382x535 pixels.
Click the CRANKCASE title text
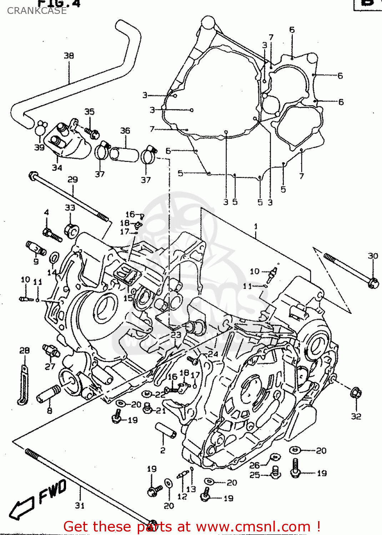(x=37, y=11)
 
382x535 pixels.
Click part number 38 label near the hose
(x=69, y=56)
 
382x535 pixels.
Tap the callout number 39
(x=39, y=147)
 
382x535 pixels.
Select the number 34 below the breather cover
(x=57, y=168)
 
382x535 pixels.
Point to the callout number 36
(x=125, y=131)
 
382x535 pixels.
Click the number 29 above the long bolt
(x=73, y=179)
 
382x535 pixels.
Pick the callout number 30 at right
(x=373, y=256)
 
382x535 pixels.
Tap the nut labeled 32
(x=356, y=393)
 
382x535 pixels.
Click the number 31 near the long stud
(x=80, y=505)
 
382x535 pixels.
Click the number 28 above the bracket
(x=24, y=351)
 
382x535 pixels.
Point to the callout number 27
(x=50, y=366)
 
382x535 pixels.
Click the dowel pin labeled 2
(x=166, y=430)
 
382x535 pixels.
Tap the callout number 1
(x=256, y=226)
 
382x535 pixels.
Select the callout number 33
(x=70, y=208)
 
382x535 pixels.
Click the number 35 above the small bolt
(x=89, y=112)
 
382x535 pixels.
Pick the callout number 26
(x=254, y=465)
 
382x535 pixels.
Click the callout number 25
(x=254, y=475)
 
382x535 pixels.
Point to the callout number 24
(x=213, y=354)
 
